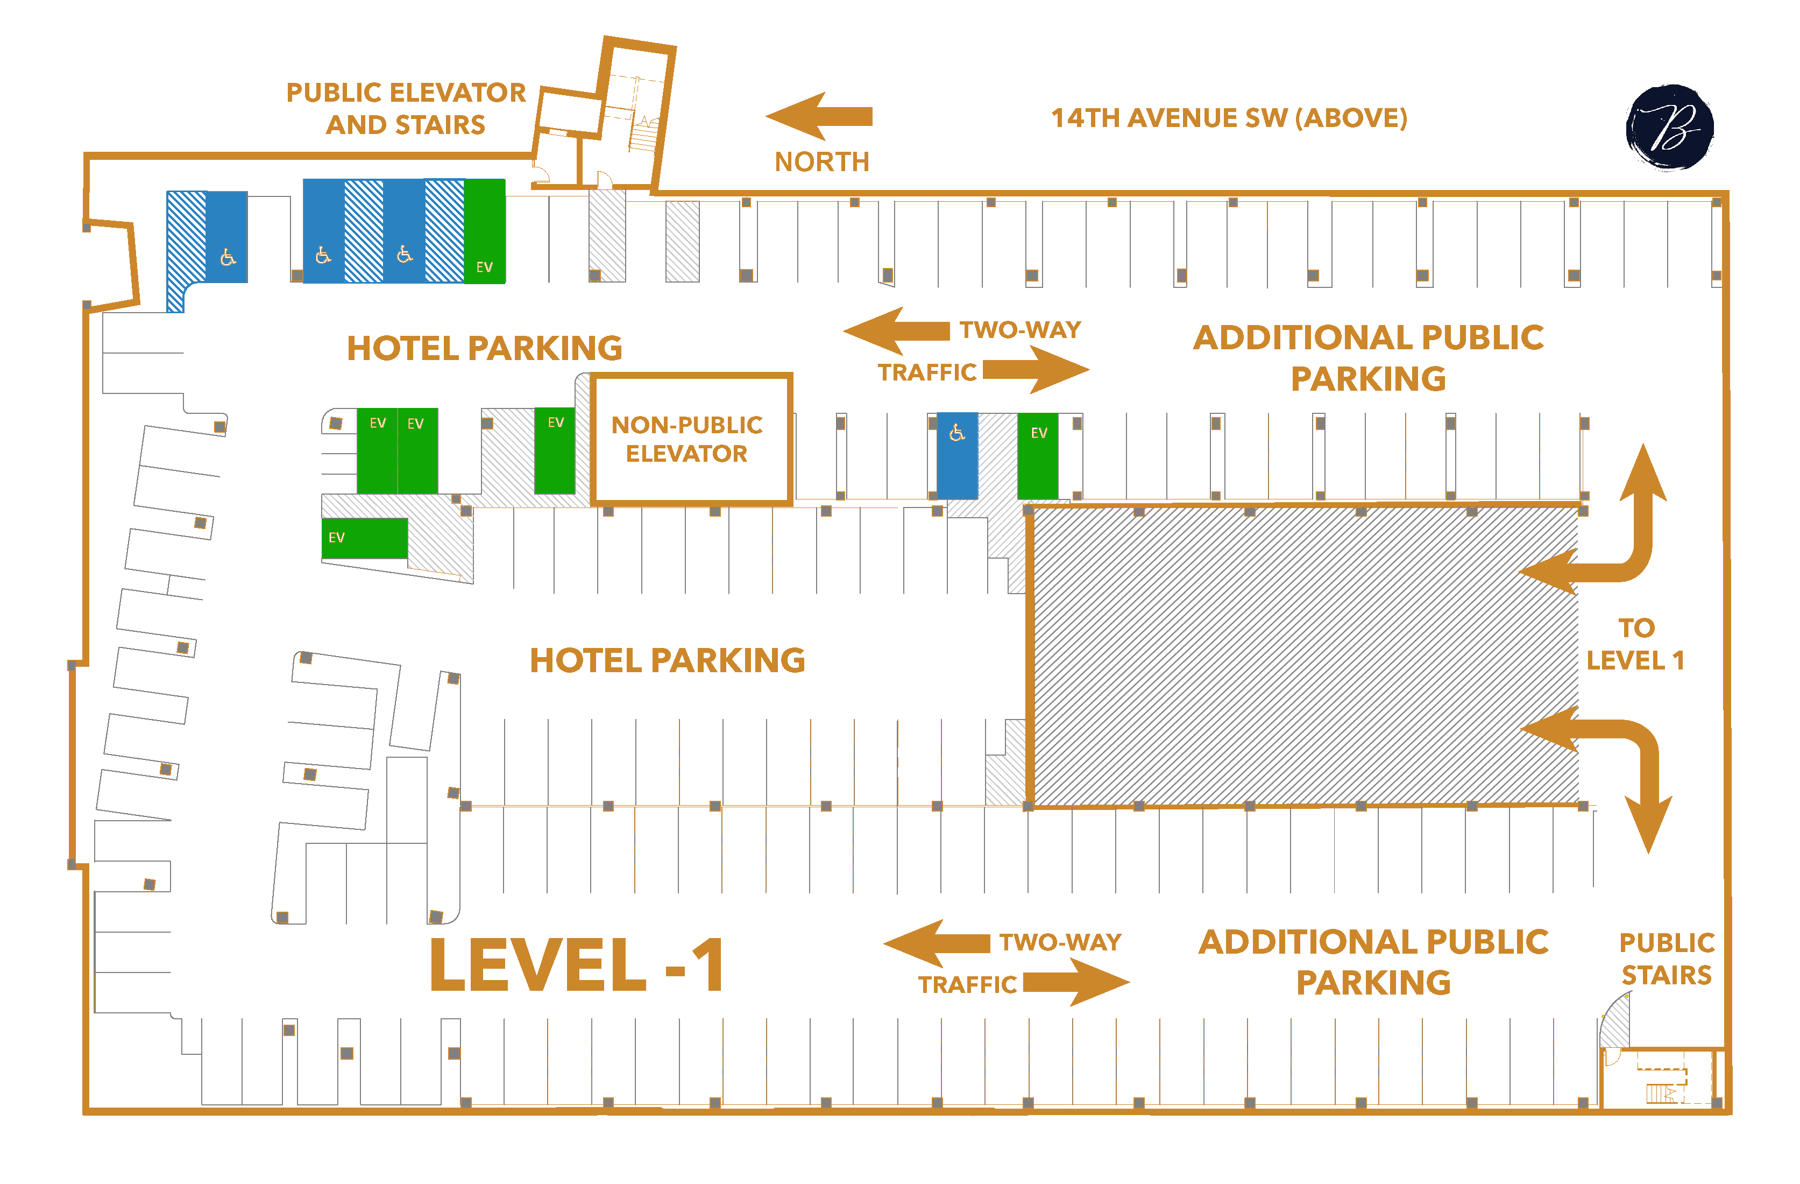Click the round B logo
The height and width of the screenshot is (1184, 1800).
point(1669,126)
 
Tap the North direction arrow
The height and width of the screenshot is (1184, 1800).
point(819,116)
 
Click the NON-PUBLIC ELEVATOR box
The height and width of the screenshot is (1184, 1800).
point(691,439)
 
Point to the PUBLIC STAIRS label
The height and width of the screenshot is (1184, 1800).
point(1667,959)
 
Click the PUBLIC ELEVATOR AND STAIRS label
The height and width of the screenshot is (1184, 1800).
point(406,108)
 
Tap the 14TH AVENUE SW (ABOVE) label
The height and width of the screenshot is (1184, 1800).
point(1229,118)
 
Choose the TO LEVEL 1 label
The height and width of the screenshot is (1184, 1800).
point(1636,644)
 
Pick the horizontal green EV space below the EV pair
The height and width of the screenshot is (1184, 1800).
point(365,538)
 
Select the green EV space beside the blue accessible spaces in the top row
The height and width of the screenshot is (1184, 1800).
point(484,231)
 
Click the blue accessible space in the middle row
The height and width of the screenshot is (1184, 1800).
point(956,455)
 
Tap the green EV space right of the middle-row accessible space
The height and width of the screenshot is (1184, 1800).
point(1038,455)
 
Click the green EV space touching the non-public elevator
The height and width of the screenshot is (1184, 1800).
point(555,451)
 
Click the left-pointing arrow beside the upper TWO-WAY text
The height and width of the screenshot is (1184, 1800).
point(896,330)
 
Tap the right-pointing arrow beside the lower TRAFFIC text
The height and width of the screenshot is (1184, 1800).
point(1077,982)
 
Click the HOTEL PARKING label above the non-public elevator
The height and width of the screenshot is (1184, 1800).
point(485,348)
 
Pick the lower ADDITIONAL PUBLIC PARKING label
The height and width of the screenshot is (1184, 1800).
point(1373,962)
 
